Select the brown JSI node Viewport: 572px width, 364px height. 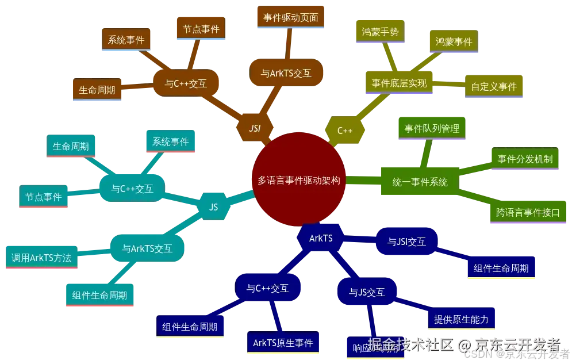tap(255, 128)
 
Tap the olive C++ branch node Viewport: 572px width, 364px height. tap(345, 130)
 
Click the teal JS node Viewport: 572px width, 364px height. tap(214, 207)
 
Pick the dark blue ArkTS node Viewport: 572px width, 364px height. tap(321, 238)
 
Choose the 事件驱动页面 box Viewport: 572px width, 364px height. tap(290, 17)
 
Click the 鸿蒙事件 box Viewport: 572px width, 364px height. tap(454, 41)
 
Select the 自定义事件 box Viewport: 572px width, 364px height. tap(494, 86)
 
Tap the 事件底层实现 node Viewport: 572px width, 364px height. tap(400, 83)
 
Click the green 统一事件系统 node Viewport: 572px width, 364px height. tap(420, 182)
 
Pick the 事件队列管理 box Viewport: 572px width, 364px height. tap(432, 128)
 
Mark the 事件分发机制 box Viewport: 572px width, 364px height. tap(524, 159)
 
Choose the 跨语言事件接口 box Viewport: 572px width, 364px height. tap(528, 212)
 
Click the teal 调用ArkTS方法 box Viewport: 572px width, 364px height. tap(41, 258)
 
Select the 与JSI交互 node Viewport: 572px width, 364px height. tap(407, 242)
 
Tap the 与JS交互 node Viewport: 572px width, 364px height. tap(367, 292)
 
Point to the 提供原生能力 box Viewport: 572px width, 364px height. tap(461, 319)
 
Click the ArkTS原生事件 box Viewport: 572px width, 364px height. tap(283, 343)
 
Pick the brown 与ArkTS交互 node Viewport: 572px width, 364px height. tap(286, 73)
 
